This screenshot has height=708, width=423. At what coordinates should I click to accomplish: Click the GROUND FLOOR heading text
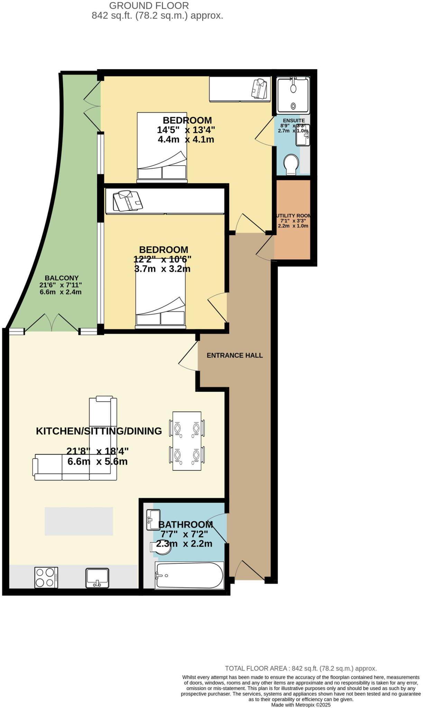pos(149,6)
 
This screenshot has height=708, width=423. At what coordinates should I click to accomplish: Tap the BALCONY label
pos(62,278)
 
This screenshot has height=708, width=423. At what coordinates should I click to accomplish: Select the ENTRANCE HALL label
pos(235,355)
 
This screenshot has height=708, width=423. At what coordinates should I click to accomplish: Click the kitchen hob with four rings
pos(46,577)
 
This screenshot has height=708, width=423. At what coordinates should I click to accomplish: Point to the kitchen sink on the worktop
pos(97,578)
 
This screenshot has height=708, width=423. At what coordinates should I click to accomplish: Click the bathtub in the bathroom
pos(189,575)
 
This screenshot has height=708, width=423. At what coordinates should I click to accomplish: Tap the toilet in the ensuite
pos(291,164)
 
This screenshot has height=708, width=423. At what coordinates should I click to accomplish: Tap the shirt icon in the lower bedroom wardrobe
pos(128,201)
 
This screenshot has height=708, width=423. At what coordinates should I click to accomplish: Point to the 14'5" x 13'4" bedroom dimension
pos(186,130)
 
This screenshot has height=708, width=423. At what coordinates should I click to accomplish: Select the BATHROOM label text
pos(185,524)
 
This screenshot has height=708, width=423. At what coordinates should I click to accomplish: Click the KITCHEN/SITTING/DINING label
pos(99,431)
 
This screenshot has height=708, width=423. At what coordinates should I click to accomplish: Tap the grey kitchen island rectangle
pos(79,521)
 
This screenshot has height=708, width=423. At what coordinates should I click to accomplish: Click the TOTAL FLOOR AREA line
pos(301,668)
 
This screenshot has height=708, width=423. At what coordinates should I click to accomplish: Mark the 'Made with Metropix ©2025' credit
pos(301,705)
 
